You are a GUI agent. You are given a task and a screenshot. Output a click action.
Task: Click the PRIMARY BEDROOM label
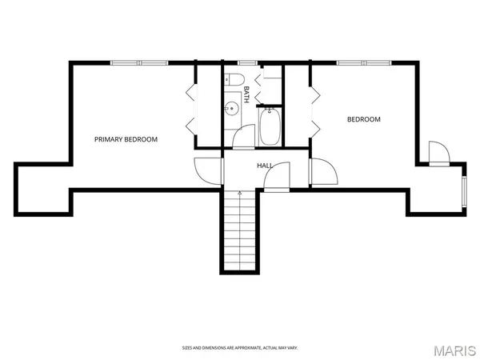[126, 139]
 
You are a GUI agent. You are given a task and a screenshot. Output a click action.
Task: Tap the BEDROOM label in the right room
[363, 120]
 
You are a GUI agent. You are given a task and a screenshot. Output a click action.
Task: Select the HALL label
[265, 166]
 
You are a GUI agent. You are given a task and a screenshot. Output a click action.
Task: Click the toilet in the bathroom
[234, 80]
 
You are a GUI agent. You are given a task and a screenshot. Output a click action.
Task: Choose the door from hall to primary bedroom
[207, 169]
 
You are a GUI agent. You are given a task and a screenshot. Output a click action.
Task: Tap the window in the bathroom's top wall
[246, 62]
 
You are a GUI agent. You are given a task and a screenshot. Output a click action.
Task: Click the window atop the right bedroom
[363, 62]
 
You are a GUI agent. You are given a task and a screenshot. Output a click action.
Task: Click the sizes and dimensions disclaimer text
[240, 348]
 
